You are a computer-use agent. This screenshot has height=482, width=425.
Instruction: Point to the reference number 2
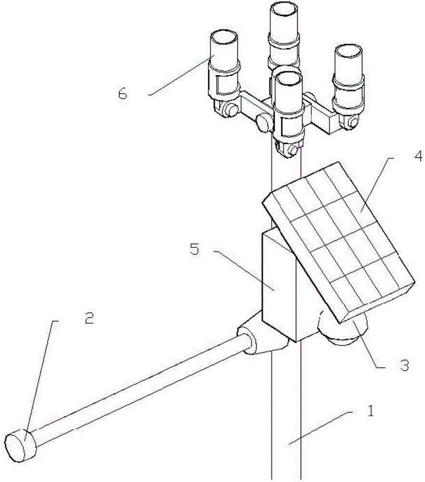click(90, 318)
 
